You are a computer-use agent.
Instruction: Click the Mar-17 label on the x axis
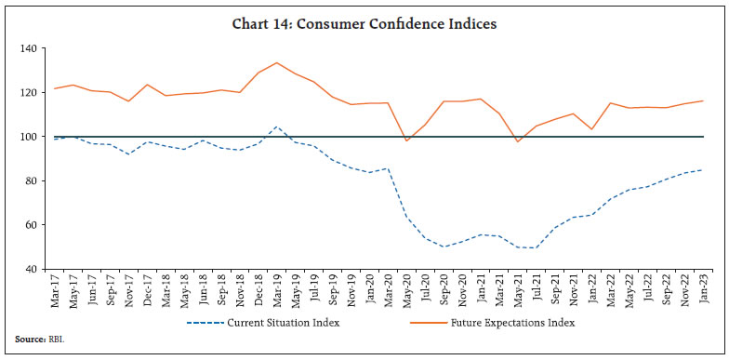pos(56,290)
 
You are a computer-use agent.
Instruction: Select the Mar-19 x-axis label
pos(276,290)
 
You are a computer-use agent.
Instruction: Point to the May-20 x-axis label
pos(405,290)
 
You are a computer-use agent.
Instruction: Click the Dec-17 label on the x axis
pos(148,290)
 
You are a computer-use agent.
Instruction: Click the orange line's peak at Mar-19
pos(276,62)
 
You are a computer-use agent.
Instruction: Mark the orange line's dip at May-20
pos(405,140)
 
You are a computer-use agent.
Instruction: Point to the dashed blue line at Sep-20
pos(443,247)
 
